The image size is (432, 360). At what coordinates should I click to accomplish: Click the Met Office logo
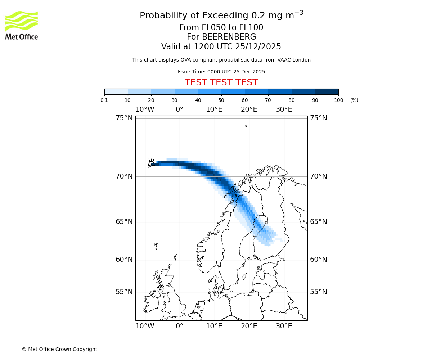tap(22, 25)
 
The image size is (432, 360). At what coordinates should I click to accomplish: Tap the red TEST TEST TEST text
tap(221, 82)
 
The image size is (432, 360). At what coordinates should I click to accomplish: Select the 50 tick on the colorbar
tap(221, 100)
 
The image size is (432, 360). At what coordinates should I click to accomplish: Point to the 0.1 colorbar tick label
tap(104, 100)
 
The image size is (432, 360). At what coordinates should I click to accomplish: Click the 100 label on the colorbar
tap(338, 100)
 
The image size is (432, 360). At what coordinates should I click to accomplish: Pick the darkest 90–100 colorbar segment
tap(327, 91)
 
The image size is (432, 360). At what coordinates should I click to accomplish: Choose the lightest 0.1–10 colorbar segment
tap(116, 91)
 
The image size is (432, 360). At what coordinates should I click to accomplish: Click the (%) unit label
tap(354, 100)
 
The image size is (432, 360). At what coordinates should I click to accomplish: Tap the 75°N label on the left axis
tap(124, 118)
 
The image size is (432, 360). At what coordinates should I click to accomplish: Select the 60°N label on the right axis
tap(319, 260)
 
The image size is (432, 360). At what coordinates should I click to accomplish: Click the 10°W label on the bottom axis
tap(145, 326)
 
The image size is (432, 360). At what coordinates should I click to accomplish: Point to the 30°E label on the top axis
tap(284, 109)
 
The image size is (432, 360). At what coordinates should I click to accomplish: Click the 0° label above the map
tap(179, 109)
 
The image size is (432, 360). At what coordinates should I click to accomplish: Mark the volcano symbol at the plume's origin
tap(152, 162)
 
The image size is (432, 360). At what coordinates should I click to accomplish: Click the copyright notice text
tap(59, 349)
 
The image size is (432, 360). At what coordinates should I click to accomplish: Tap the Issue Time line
tap(221, 72)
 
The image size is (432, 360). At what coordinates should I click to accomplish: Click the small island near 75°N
tap(246, 126)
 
